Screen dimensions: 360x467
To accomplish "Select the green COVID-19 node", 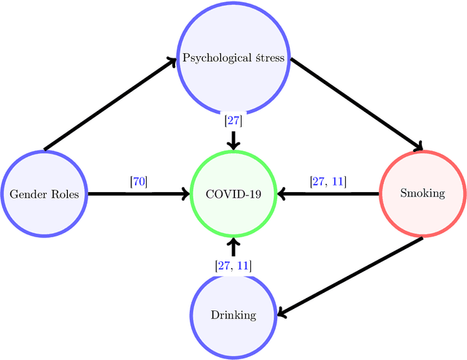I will [233, 194].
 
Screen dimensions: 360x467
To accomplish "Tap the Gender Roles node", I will [44, 194].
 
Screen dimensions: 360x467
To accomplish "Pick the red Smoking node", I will [422, 194].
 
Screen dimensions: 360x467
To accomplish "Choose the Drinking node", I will [233, 315].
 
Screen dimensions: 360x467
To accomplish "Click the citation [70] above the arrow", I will [138, 180].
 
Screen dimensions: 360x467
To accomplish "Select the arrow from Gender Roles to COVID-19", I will [139, 194].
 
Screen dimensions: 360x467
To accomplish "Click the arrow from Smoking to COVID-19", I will [328, 194].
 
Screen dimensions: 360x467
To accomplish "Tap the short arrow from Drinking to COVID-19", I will [233, 247].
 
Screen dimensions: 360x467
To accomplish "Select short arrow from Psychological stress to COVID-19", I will [233, 139].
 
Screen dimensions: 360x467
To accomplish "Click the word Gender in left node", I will [26, 194].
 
